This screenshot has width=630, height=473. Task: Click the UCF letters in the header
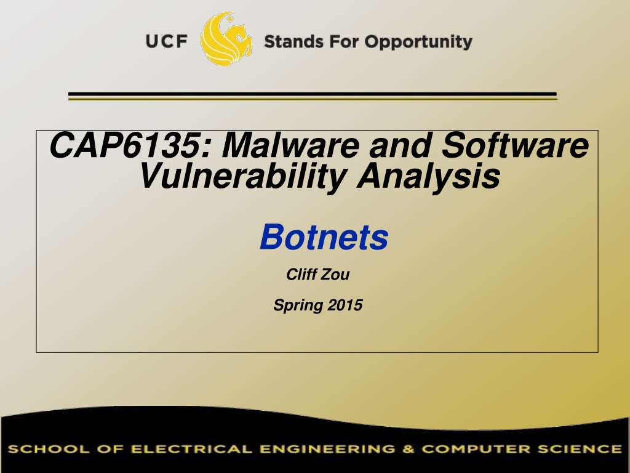coord(166,41)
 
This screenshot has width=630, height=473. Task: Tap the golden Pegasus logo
coord(226,39)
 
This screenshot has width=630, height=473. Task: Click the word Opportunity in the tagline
coord(418,42)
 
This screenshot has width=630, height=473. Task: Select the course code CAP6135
coord(124,145)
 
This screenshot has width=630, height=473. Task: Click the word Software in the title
coord(516,145)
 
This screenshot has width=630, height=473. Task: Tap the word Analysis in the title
coord(428,176)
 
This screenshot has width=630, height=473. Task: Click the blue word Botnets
coord(324,237)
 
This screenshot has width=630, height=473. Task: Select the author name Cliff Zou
coord(318,274)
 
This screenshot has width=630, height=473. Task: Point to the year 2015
coord(345,305)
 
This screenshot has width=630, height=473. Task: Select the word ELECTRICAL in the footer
coord(192,449)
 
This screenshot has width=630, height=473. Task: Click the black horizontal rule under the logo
coord(312,94)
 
